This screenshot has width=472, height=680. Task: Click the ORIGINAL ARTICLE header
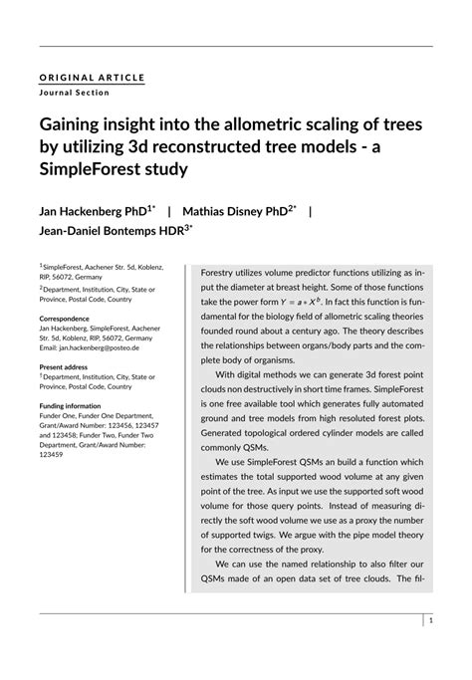pos(93,77)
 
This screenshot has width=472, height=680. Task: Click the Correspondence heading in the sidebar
pos(64,319)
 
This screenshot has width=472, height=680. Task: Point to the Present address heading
pos(67,367)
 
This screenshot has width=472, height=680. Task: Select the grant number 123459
pos(51,455)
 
